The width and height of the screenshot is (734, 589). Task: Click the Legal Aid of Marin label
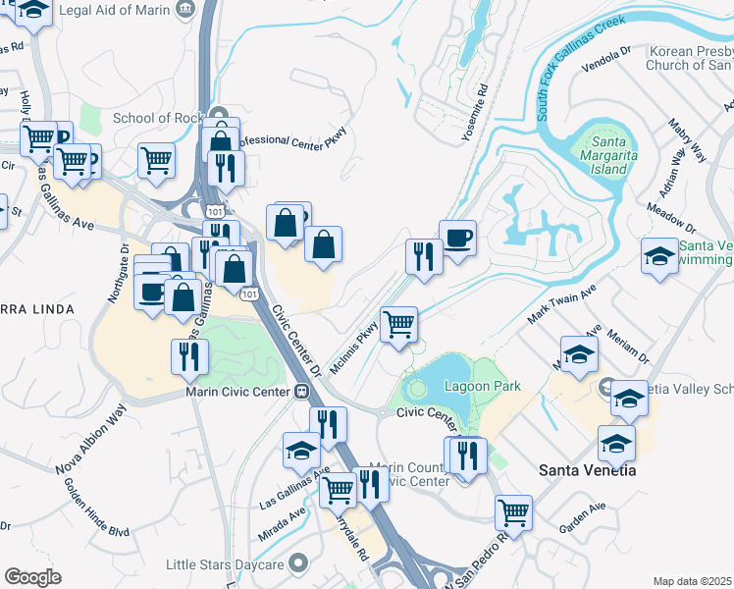114,10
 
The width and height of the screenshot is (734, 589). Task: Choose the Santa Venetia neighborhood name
587,470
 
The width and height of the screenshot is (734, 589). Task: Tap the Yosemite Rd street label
481,108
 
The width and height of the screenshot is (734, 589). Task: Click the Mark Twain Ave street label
562,305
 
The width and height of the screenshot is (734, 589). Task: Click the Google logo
32,577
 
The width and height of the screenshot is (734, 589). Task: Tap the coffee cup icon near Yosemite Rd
457,237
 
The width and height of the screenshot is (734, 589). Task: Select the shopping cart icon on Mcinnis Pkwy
398,324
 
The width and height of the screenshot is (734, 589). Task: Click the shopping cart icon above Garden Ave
513,511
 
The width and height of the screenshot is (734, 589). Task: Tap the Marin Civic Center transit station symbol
303,392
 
